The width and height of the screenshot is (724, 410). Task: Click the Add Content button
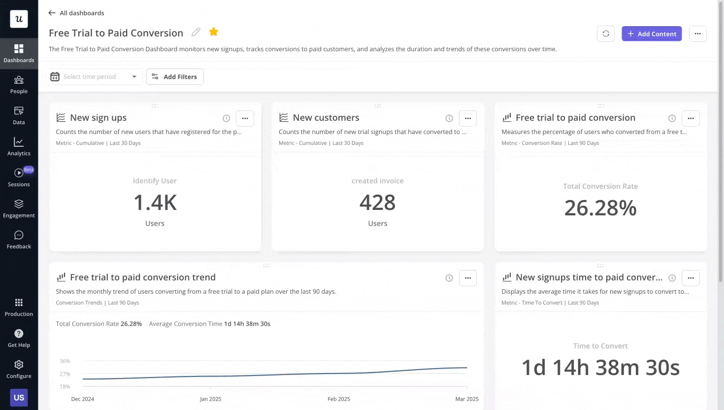pos(651,34)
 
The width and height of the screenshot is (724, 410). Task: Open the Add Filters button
pos(175,76)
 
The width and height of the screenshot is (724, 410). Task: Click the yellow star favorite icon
pos(213,32)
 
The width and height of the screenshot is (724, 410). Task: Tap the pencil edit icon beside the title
pos(196,32)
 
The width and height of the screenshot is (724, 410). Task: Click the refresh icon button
pos(605,34)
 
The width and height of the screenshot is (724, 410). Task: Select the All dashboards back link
pos(76,13)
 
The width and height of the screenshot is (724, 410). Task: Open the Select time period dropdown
pos(95,76)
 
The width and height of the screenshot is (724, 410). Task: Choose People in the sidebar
pos(19,84)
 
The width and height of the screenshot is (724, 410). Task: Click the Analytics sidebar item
pos(19,146)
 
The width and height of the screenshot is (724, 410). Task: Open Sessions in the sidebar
pos(19,177)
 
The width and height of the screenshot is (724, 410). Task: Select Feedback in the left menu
pos(19,239)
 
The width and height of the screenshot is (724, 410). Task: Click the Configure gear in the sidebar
pos(19,369)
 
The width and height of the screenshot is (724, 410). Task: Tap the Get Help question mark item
pos(19,338)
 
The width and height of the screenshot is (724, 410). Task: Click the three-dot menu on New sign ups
pos(245,118)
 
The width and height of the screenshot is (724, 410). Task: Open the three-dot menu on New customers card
pos(467,118)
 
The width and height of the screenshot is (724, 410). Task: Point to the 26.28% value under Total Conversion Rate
pos(600,208)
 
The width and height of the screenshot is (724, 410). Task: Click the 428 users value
pos(377,203)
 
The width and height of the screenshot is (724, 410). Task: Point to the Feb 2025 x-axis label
pos(338,399)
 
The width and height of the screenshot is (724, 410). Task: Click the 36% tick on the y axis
pos(65,361)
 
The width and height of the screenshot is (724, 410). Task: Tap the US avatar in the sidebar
pos(19,397)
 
